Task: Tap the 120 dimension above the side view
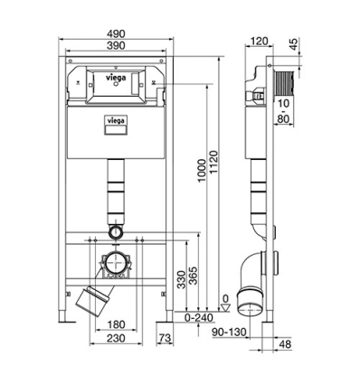(x=261, y=41)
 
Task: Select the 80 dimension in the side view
(x=282, y=117)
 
